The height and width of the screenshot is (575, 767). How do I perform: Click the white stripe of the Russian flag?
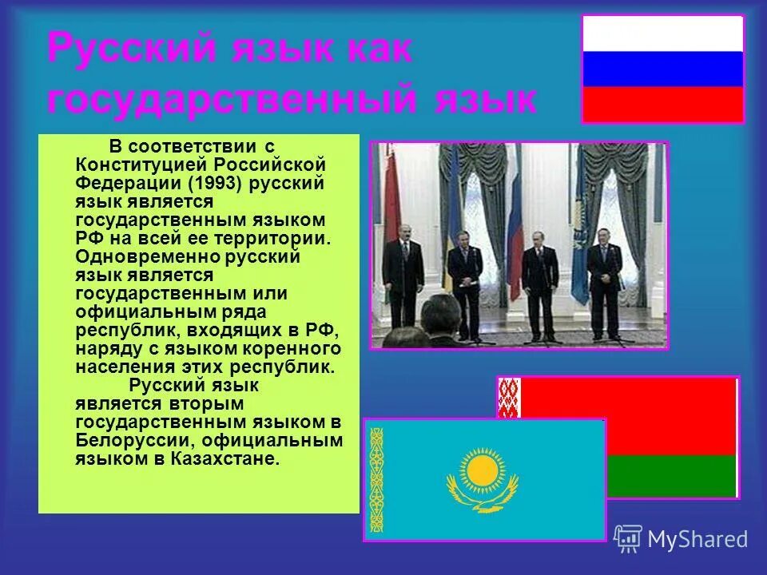[x=662, y=34]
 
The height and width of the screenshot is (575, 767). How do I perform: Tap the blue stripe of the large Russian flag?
[x=662, y=69]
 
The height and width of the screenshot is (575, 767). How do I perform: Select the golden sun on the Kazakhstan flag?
[x=482, y=470]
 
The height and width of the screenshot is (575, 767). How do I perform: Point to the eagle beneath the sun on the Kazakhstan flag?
[x=482, y=498]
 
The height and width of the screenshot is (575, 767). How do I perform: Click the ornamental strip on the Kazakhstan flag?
[x=376, y=480]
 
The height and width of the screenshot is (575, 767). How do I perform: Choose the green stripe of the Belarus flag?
[x=671, y=476]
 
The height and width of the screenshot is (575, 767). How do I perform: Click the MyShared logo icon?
[x=628, y=539]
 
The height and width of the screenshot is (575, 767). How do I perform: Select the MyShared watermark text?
[x=697, y=540]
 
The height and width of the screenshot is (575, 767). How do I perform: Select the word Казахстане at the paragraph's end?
[x=233, y=459]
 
